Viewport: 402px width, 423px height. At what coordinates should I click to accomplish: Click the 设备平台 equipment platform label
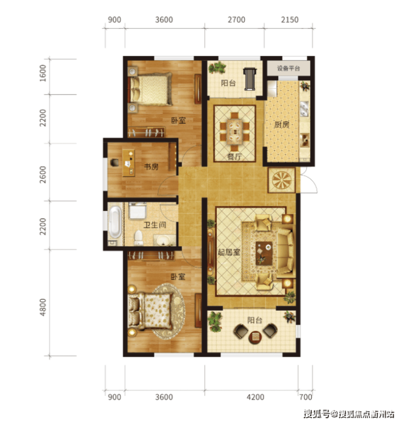click(x=288, y=68)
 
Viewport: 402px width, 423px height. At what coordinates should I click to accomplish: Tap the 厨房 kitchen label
click(x=281, y=125)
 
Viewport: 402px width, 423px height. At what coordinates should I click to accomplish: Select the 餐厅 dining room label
click(x=234, y=157)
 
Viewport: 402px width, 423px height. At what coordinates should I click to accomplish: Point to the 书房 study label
click(x=151, y=166)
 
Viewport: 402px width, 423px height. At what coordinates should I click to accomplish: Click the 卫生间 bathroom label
click(x=154, y=225)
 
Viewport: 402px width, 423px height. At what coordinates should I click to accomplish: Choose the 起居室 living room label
click(x=229, y=252)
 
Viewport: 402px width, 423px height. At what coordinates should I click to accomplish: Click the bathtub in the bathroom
click(x=115, y=222)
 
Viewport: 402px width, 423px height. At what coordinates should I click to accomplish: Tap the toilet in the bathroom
click(x=139, y=238)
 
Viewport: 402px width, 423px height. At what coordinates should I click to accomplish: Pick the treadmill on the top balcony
click(x=250, y=79)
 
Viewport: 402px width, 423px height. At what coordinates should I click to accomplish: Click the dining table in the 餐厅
click(x=235, y=132)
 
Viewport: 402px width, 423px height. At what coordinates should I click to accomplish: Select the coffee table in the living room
click(x=264, y=253)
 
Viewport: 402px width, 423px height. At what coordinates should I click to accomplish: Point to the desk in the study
click(x=129, y=163)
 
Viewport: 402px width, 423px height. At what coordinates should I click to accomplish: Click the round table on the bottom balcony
click(x=255, y=337)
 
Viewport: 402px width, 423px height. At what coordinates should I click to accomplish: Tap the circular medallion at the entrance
click(x=282, y=180)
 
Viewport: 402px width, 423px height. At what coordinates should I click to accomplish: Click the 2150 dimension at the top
click(x=290, y=20)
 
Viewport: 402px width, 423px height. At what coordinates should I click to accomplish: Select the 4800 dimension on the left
click(x=43, y=307)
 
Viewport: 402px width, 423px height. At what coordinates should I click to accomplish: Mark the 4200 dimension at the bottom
click(x=255, y=397)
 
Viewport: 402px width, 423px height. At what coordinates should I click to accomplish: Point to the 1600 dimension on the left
click(x=43, y=73)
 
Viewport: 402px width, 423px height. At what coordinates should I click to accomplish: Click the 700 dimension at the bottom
click(x=305, y=397)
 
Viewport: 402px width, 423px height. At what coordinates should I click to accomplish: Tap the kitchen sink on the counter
click(x=304, y=108)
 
